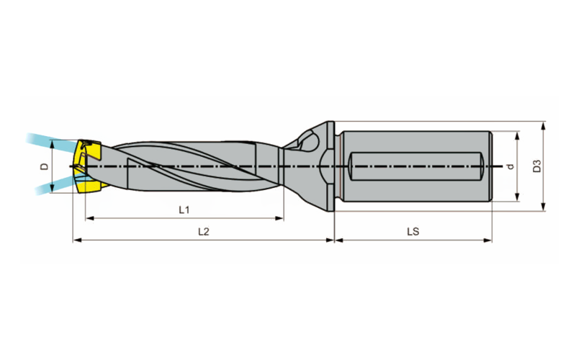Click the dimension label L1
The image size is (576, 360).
[184, 210]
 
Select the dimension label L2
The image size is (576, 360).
[204, 232]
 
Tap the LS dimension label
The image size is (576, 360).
[413, 232]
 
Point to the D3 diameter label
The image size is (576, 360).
[537, 166]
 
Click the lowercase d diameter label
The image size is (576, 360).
[510, 166]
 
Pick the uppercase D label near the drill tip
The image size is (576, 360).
[45, 166]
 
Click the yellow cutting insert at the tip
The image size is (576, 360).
[88, 166]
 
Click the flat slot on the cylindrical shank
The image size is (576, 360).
[415, 166]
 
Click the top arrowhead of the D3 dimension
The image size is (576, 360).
[544, 125]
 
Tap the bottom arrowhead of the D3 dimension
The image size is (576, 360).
[544, 207]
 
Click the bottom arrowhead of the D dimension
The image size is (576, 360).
[52, 189]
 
